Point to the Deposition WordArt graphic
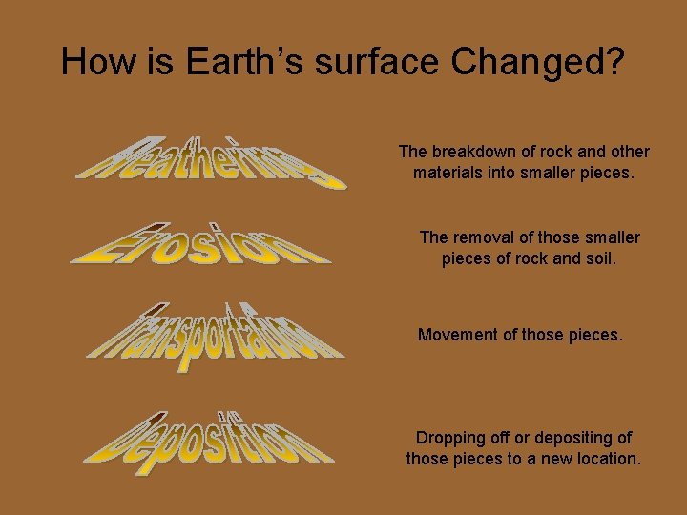(210, 439)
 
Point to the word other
(628, 152)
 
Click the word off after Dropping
(499, 438)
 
